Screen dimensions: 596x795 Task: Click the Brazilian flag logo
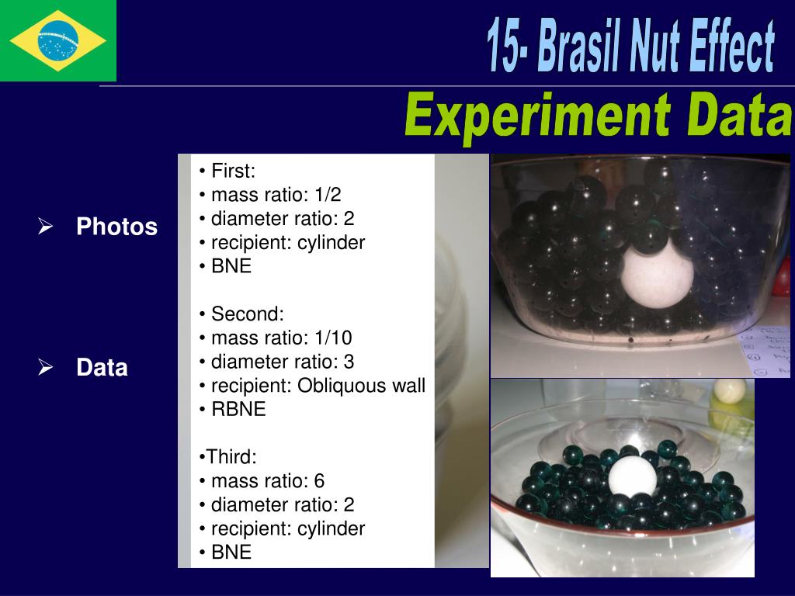coord(58,40)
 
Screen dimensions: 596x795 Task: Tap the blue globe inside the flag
coord(58,40)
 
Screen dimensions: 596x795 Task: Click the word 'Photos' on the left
coord(116,227)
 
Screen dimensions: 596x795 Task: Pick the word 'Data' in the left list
coord(102,367)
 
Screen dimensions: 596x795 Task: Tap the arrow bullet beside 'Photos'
coord(46,227)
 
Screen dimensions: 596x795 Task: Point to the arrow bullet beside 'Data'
coord(46,367)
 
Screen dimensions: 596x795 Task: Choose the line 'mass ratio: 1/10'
coord(281,338)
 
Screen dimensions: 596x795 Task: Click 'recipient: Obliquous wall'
coord(318,386)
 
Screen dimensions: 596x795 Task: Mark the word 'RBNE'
coord(238,410)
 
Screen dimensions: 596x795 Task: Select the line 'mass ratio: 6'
coord(267,481)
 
